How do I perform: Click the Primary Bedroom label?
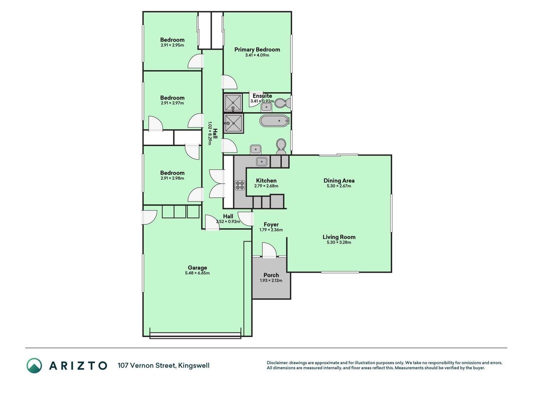[x=257, y=49]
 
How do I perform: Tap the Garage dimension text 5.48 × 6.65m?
[x=197, y=273]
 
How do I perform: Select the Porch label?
[x=271, y=275]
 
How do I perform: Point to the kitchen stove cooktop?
[x=240, y=185]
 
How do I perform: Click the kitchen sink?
[x=262, y=161]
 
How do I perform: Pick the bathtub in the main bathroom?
[x=274, y=120]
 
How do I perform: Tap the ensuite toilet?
[x=282, y=102]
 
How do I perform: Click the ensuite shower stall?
[x=233, y=102]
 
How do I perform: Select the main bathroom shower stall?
[x=234, y=123]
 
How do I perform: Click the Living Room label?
[x=339, y=237]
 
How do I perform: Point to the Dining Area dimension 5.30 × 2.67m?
[x=339, y=186]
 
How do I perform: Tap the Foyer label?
[x=271, y=224]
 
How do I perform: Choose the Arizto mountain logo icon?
[x=35, y=365]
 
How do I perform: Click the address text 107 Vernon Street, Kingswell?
[x=164, y=365]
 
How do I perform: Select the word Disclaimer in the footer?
[x=277, y=363]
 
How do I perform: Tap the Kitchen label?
[x=266, y=180]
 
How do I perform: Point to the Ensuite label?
[x=262, y=96]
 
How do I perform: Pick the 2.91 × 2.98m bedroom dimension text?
[x=172, y=178]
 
